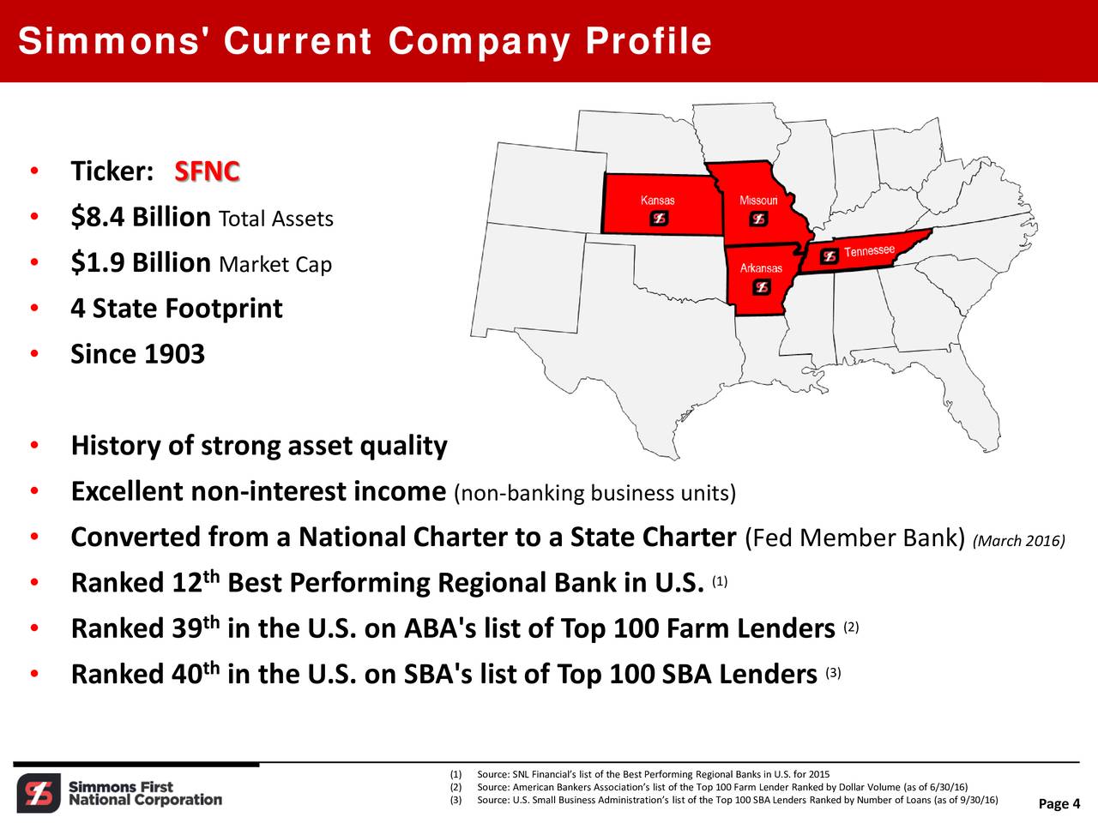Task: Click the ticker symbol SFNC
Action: pos(207,171)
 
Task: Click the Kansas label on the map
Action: pos(657,201)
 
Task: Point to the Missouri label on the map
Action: pos(758,201)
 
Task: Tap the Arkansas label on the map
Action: pos(761,268)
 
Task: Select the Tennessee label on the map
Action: pos(869,250)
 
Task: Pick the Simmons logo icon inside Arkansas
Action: pos(761,287)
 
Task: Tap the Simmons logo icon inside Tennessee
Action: pos(829,255)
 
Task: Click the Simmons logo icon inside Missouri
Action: pos(758,219)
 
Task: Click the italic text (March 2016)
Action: pos(1019,541)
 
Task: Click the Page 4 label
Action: pos(1059,803)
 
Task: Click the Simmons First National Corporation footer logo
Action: pos(120,793)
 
